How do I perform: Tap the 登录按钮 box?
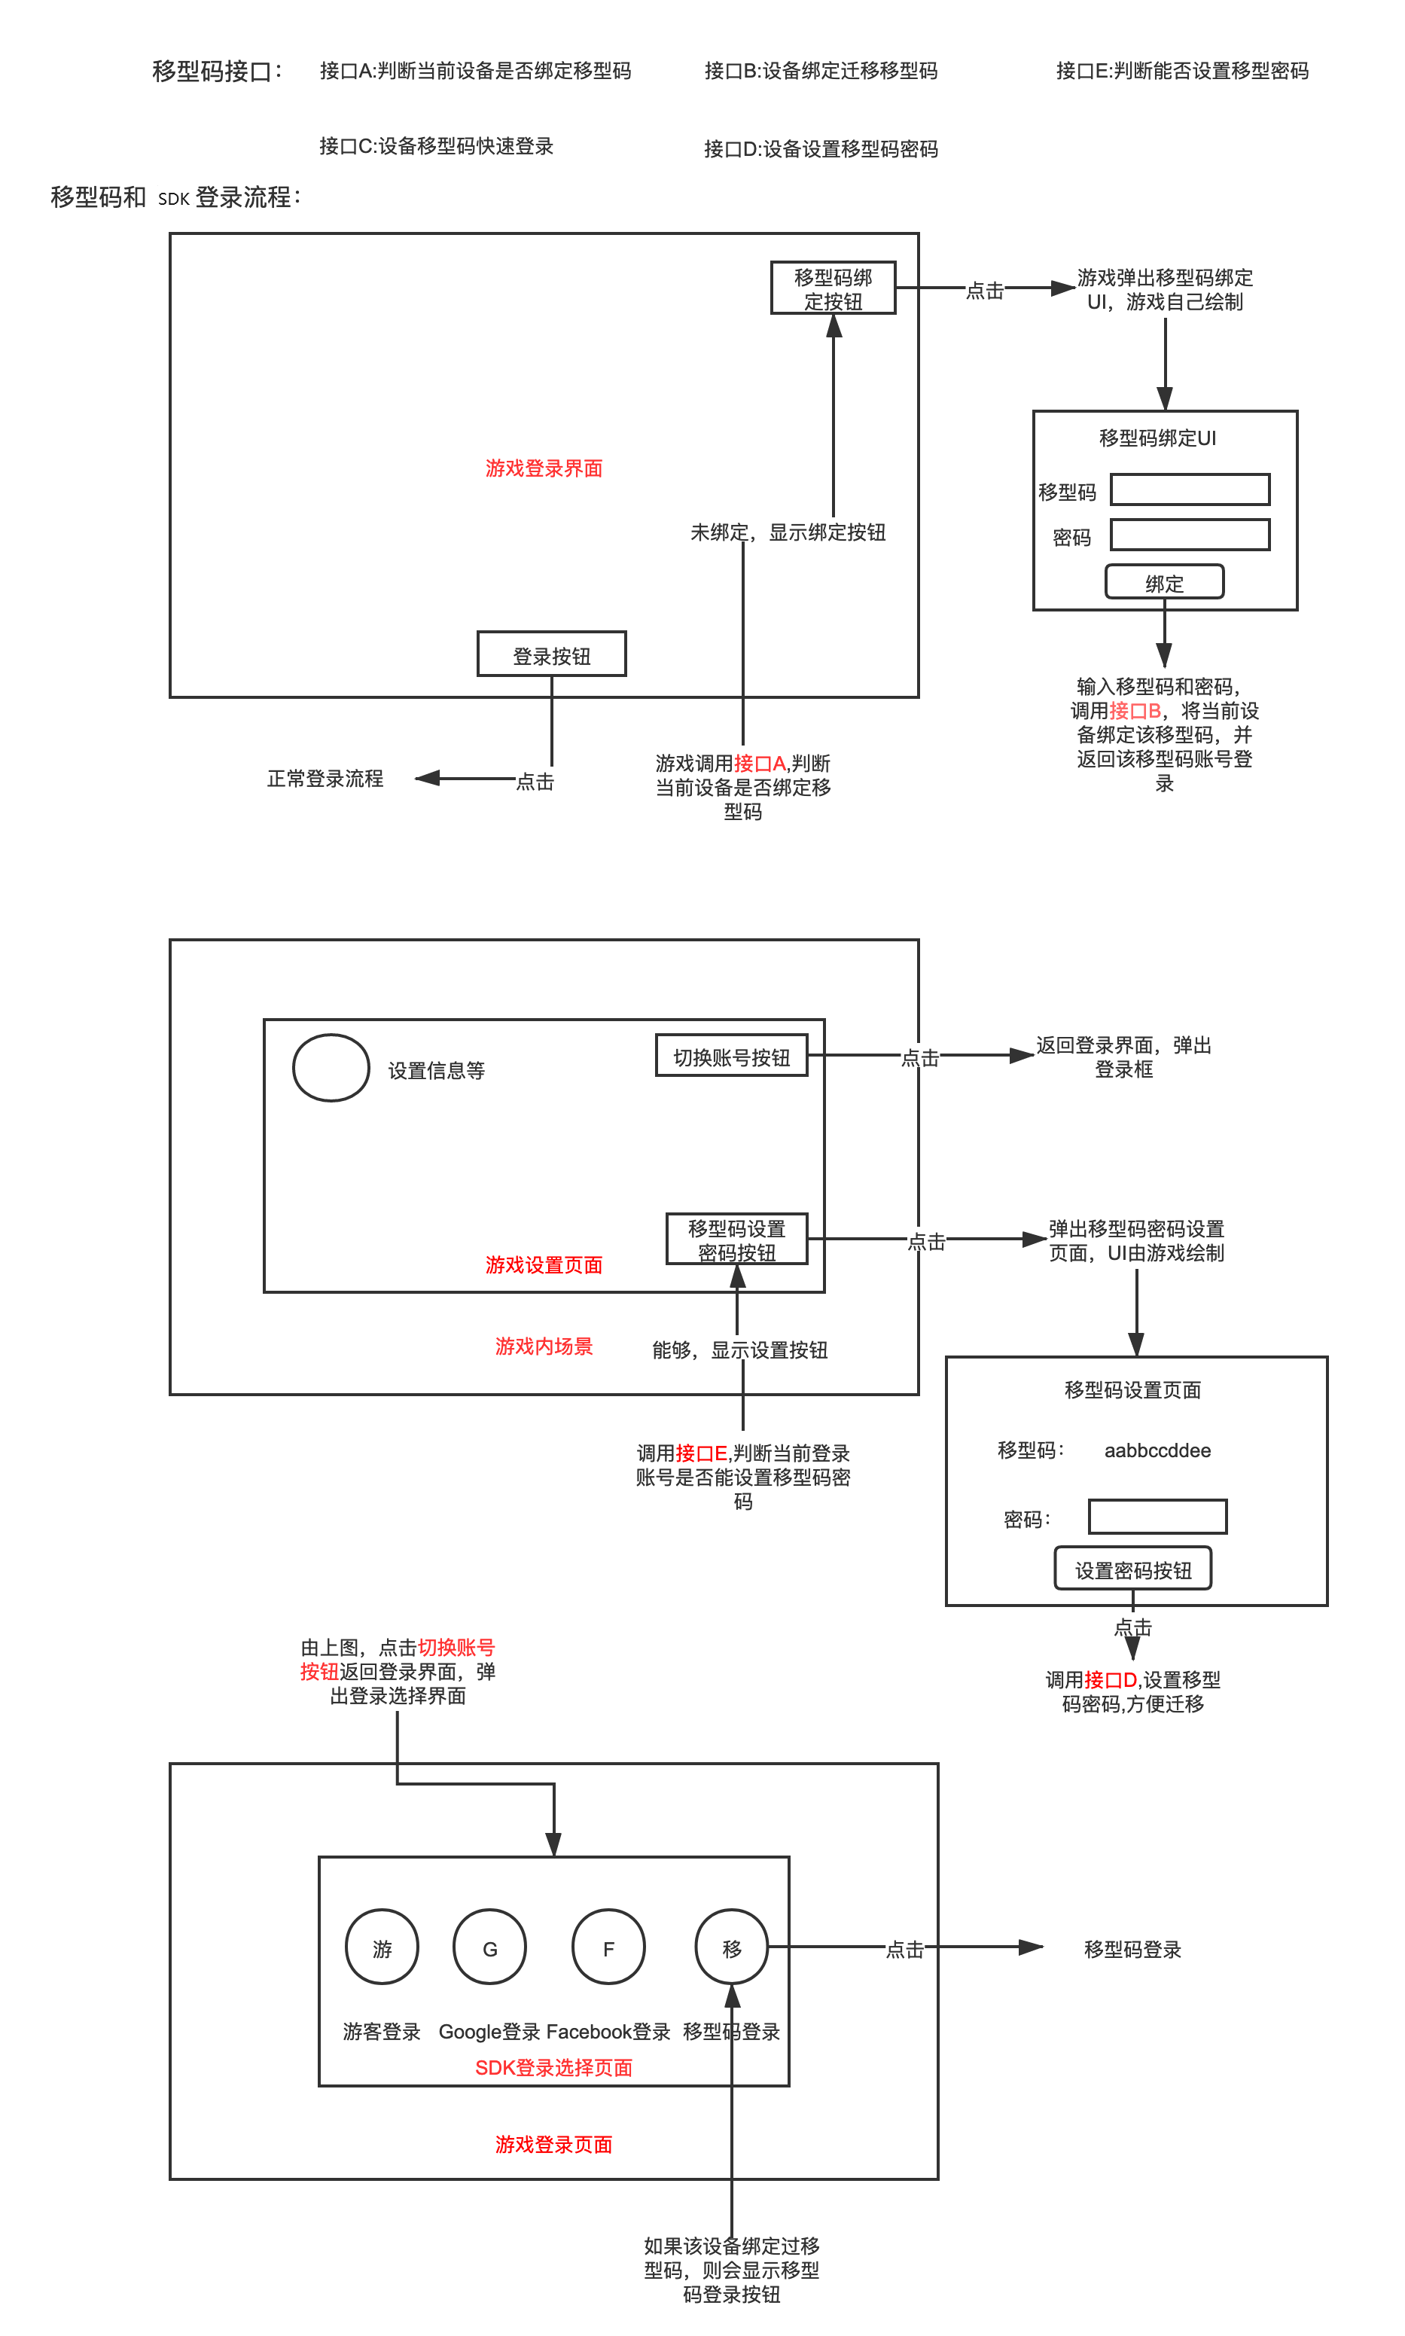coord(551,654)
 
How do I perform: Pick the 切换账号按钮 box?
coord(731,1056)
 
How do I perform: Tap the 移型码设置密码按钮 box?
coord(736,1240)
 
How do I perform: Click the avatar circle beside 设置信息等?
coord(331,1068)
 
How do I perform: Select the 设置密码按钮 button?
coord(1132,1569)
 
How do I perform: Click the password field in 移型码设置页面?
coord(1157,1517)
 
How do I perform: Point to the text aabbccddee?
coord(1157,1450)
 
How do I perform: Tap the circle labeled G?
coord(489,1947)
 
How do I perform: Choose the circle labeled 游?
coord(382,1947)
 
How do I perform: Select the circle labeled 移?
coord(731,1947)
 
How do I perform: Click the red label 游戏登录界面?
coord(544,468)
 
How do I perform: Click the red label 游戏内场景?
coord(544,1346)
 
